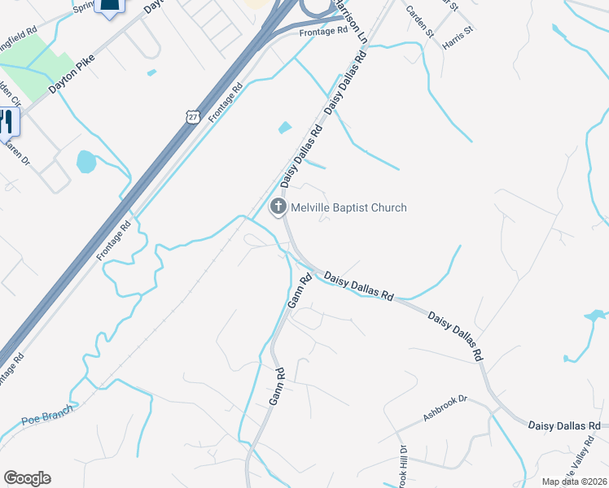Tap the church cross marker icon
point(278,207)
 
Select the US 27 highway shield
point(192,116)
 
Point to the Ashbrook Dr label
point(447,409)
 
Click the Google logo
point(27,478)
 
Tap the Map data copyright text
point(574,481)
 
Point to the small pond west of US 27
point(85,161)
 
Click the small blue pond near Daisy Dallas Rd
point(284,128)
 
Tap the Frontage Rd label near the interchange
point(322,32)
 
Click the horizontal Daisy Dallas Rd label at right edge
point(564,425)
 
